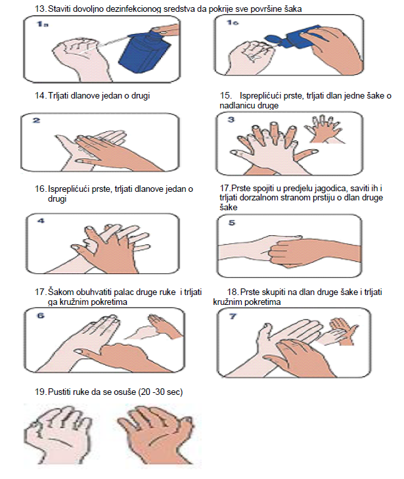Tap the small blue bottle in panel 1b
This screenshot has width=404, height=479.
290,38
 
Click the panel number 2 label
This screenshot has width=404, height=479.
37,120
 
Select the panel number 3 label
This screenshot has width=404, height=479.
231,120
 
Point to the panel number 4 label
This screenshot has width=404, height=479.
41,221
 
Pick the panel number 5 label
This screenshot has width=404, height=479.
232,223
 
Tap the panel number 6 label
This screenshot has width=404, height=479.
41,315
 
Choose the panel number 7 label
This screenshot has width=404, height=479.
233,316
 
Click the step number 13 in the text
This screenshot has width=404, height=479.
41,9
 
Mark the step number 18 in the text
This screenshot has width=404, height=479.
233,292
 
